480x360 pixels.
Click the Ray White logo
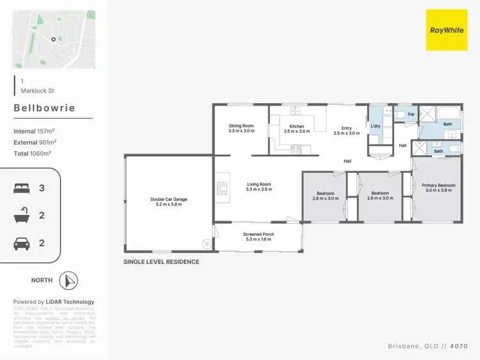447,30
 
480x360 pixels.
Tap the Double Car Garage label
168,201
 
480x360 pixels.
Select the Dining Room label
241,128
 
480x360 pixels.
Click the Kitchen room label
297,129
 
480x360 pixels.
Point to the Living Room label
259,187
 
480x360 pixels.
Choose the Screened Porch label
259,237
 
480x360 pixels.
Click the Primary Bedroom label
438,187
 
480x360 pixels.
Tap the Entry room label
346,130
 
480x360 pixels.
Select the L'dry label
376,126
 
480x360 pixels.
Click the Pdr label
411,114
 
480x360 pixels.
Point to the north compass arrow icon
68,280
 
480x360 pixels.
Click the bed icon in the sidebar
21,189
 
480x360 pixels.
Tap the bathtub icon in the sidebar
21,216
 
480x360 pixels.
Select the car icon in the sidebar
21,243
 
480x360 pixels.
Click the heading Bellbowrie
44,108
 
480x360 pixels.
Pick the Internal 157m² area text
34,131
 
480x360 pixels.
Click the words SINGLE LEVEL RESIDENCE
161,262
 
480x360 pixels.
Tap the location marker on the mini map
54,39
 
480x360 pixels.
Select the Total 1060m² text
32,153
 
